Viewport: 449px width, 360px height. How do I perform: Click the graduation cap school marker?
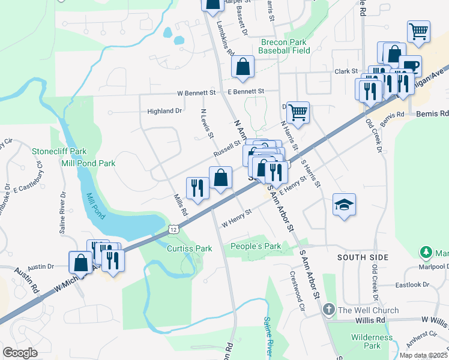(x=345, y=204)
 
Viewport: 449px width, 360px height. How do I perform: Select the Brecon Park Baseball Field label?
(x=284, y=46)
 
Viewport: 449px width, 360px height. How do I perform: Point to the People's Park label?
(x=256, y=246)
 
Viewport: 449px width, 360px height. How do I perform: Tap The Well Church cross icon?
(x=328, y=310)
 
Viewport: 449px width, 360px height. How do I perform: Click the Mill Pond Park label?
(x=88, y=163)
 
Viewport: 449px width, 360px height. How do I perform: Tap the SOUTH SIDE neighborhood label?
(x=363, y=257)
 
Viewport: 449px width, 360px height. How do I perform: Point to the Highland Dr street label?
(x=164, y=111)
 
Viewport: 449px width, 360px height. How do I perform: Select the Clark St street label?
(x=346, y=71)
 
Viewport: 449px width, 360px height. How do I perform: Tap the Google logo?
(x=20, y=352)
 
